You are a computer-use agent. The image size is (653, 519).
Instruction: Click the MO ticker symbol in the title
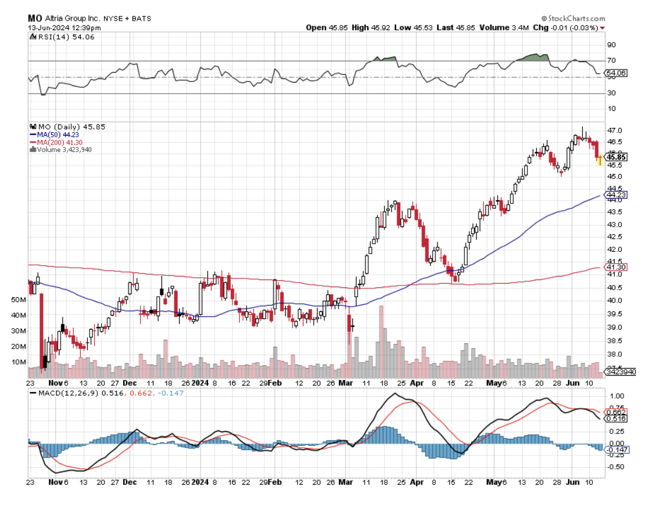coord(34,18)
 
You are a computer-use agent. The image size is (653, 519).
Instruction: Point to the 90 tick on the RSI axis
coord(612,45)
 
